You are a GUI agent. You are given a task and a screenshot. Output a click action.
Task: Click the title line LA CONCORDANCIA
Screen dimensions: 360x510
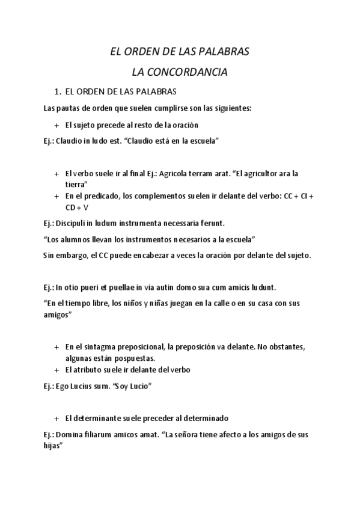tap(180, 72)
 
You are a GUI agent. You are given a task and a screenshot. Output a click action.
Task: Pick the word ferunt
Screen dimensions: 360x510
tap(210, 223)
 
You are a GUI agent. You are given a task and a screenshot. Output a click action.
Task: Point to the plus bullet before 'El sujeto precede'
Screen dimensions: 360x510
tap(56, 125)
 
